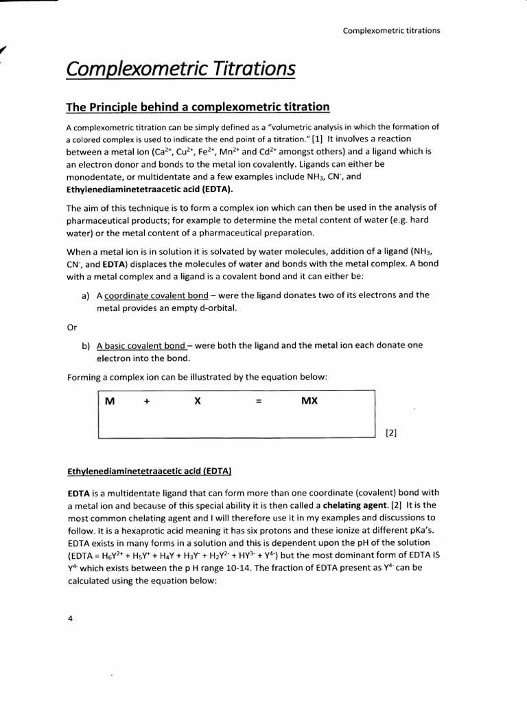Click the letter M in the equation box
pyautogui.click(x=109, y=400)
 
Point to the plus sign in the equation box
pyautogui.click(x=147, y=400)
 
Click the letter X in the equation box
pyautogui.click(x=197, y=400)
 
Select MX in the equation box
pyautogui.click(x=309, y=400)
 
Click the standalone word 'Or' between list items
pyautogui.click(x=71, y=327)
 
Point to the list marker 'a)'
pyautogui.click(x=86, y=295)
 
